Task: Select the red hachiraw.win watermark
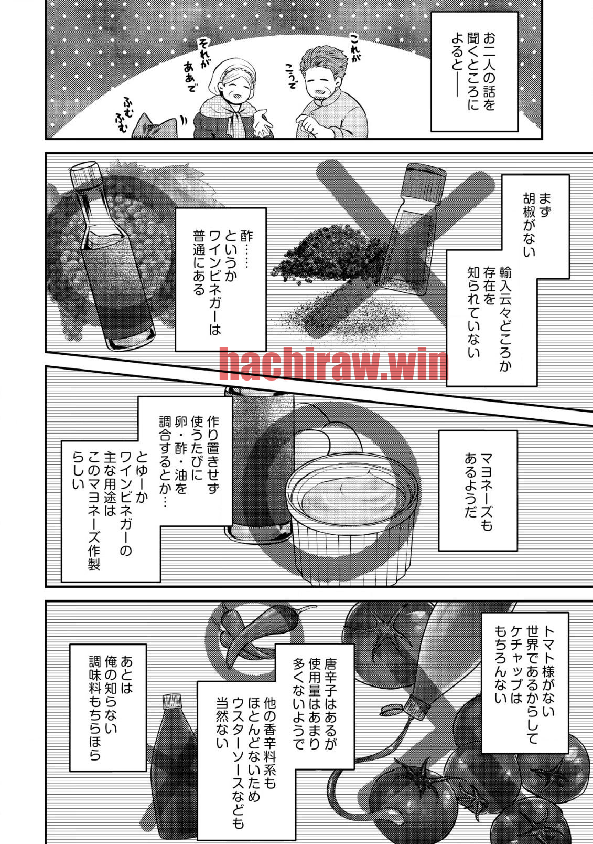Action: click(333, 364)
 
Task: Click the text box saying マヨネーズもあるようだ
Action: click(478, 490)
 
